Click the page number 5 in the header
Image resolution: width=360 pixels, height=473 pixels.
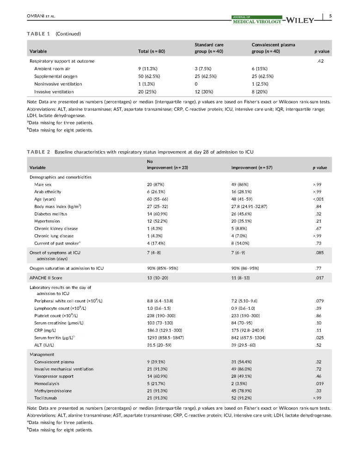(x=330, y=17)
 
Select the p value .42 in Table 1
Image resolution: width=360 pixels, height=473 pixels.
(x=326, y=61)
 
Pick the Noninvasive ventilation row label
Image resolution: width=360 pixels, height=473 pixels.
(x=58, y=84)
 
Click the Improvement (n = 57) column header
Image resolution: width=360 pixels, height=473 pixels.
(x=251, y=167)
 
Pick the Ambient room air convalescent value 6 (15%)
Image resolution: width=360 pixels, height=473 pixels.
(x=261, y=68)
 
